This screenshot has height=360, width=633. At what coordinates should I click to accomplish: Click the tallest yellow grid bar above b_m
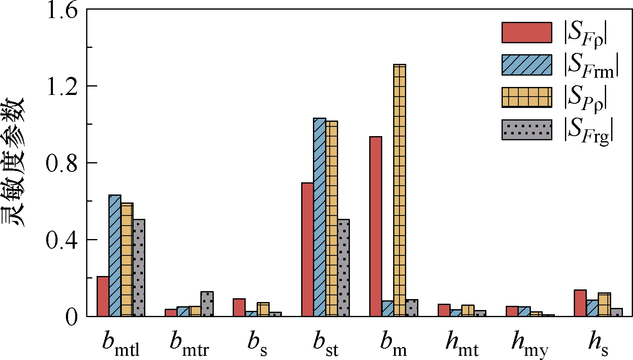pos(399,190)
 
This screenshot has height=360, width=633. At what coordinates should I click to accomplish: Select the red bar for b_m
pos(376,226)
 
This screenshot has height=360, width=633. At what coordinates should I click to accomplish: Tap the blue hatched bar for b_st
pos(320,217)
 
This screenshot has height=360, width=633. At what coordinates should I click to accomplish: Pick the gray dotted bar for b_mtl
pos(139,268)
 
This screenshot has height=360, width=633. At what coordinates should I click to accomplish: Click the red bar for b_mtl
pos(103,296)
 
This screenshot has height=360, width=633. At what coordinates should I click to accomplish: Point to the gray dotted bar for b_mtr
pos(207,304)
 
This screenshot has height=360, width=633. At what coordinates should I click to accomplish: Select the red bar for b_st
pos(307,250)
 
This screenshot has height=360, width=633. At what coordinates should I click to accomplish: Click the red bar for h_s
pos(580,303)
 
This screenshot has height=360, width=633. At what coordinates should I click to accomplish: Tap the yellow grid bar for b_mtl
pos(127,260)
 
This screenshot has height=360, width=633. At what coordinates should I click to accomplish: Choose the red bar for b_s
pos(239,307)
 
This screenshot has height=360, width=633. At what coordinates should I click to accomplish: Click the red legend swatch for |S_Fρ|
pos(527,32)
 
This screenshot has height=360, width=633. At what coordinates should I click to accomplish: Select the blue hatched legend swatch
pos(527,65)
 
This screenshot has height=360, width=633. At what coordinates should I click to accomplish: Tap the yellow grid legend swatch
pos(527,97)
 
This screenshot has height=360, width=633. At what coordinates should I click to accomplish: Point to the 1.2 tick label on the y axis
pos(62,86)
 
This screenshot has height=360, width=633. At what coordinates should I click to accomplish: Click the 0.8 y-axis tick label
pos(62,163)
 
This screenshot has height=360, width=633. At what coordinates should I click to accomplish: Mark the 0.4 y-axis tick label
pos(62,240)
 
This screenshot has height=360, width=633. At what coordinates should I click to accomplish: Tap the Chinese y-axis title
pos(13,162)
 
